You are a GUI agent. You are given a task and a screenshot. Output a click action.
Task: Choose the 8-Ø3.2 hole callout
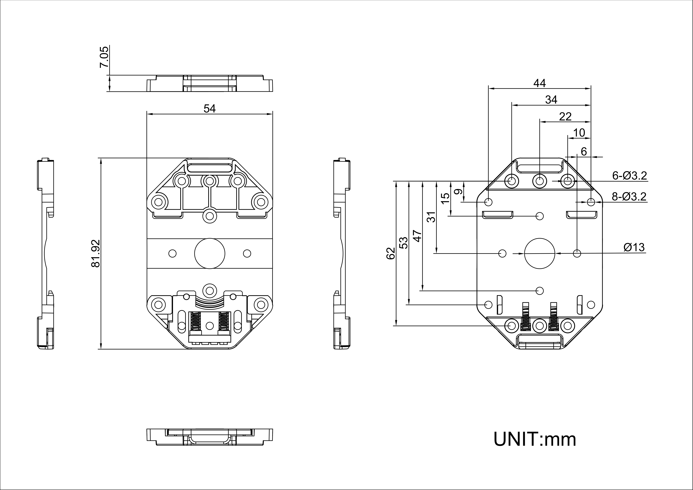point(629,197)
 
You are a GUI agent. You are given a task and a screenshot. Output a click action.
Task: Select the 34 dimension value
point(551,100)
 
